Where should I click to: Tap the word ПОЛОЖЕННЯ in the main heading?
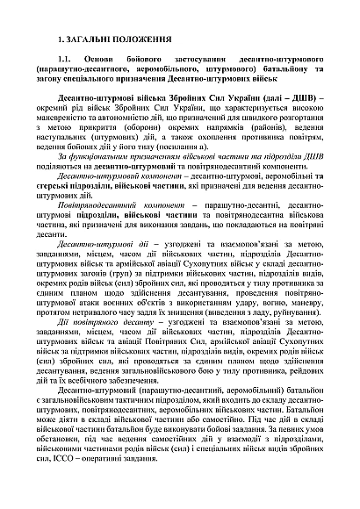[135, 40]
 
